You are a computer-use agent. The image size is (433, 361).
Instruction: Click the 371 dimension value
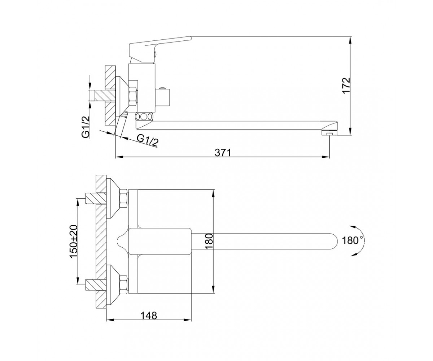point(223,153)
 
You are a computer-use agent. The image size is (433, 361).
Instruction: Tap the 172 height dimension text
point(346,86)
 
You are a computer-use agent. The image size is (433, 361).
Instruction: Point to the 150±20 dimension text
point(74,241)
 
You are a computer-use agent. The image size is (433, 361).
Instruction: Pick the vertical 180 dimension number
point(209,242)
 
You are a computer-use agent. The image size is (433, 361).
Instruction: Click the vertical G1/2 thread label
point(86,127)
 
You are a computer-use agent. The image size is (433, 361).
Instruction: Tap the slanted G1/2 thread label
point(148,140)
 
